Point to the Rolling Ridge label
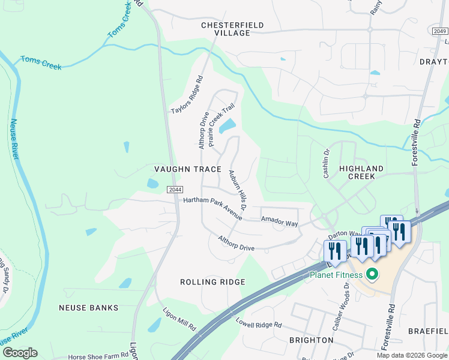pyautogui.click(x=212, y=282)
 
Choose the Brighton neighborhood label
pyautogui.click(x=311, y=340)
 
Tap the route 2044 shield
pyautogui.click(x=175, y=190)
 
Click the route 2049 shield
pyautogui.click(x=439, y=31)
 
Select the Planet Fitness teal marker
pyautogui.click(x=372, y=275)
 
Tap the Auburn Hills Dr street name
pyautogui.click(x=238, y=190)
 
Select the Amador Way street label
pyautogui.click(x=279, y=221)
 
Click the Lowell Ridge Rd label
pyautogui.click(x=259, y=323)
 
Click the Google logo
pyautogui.click(x=20, y=353)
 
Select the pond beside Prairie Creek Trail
pyautogui.click(x=228, y=127)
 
